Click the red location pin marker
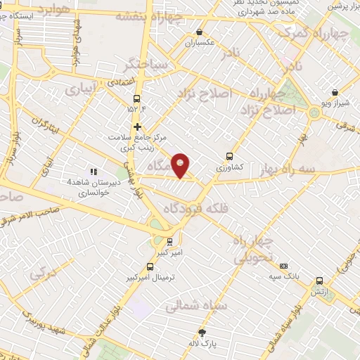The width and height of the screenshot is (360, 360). click(x=181, y=165)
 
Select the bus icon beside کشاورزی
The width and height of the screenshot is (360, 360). click(x=229, y=157)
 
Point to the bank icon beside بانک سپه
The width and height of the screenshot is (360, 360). click(x=283, y=266)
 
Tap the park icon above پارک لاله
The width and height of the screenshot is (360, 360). click(x=202, y=333)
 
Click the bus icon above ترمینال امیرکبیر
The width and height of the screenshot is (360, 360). click(x=150, y=266)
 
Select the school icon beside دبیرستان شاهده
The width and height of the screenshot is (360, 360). click(x=93, y=172)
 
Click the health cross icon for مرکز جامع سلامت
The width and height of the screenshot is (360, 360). click(x=138, y=127)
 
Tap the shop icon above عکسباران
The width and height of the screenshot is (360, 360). click(x=200, y=32)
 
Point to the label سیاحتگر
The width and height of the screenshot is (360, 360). click(x=145, y=65)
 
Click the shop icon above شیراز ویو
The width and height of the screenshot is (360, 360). click(x=335, y=92)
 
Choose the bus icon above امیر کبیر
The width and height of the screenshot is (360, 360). click(x=160, y=241)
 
